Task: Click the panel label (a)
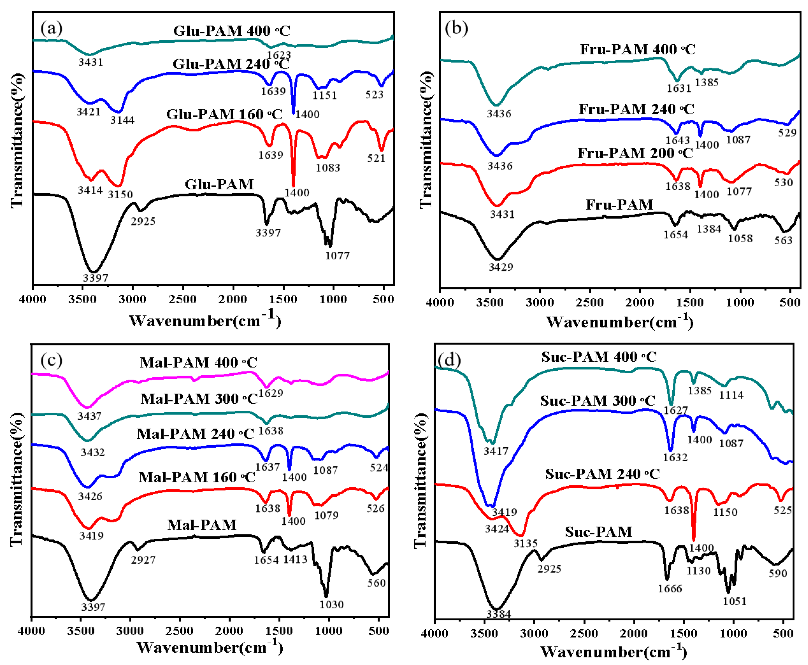coord(51,29)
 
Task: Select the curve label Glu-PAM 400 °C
coord(231,31)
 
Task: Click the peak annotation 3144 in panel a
coord(122,120)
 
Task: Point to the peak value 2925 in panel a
coord(143,221)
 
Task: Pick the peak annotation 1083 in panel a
coord(328,167)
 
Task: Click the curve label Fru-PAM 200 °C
coord(635,153)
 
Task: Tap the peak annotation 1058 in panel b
coord(740,238)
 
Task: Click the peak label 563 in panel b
coord(783,240)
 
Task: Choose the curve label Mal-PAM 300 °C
coord(199,399)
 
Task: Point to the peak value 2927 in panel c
coord(143,560)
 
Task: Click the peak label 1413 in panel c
coord(295,559)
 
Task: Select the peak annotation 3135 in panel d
coord(525,543)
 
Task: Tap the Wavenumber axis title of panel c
coord(210,647)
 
